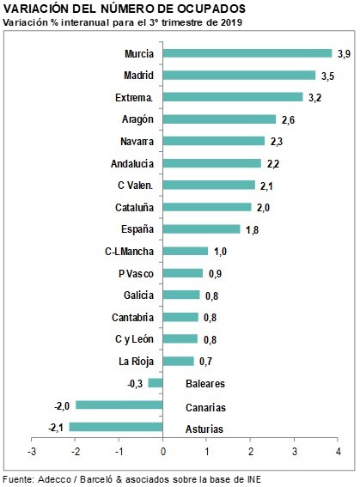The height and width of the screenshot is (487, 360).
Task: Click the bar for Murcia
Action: point(247,53)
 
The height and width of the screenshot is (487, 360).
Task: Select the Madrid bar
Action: point(239,76)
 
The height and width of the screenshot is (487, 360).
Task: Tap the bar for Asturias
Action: point(116,427)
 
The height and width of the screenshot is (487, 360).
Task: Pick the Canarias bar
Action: point(119,405)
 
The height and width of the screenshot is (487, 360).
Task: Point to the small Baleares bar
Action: point(156,383)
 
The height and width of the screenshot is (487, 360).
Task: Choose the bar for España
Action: point(202,229)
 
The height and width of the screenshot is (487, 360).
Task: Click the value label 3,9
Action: point(345,54)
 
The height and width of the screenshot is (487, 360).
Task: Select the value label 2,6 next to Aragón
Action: point(288,120)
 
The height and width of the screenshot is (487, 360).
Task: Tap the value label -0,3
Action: point(135,384)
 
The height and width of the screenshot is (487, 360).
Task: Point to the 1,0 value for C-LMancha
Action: point(220,252)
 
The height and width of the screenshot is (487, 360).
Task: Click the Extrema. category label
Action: point(134,98)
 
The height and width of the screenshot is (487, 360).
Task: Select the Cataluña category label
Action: point(135,207)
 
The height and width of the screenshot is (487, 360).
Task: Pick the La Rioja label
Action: point(137,362)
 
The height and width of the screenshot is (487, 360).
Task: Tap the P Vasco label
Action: point(136,274)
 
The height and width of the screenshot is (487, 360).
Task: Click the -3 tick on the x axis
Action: point(32,452)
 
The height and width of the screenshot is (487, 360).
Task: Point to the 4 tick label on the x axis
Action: point(339,452)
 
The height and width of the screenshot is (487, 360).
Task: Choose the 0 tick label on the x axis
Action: point(163,452)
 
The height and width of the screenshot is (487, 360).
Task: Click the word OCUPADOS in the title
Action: point(211,9)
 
